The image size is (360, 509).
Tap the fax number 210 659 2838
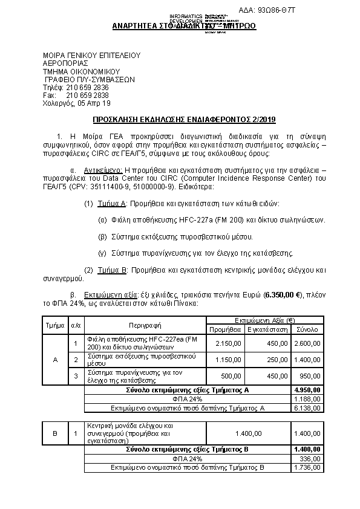click(x=87, y=96)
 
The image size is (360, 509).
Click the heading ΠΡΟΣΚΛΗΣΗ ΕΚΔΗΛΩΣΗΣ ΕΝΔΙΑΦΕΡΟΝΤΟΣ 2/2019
click(x=180, y=120)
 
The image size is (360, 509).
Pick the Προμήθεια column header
click(x=225, y=329)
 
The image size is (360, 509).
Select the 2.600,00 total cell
click(x=307, y=343)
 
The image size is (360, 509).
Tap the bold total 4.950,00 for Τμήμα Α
click(x=307, y=391)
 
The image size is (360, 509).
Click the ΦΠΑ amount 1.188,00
click(x=307, y=399)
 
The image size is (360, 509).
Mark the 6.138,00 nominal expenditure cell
click(x=307, y=408)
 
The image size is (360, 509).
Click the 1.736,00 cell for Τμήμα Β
click(x=307, y=468)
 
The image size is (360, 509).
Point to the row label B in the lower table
click(x=55, y=433)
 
